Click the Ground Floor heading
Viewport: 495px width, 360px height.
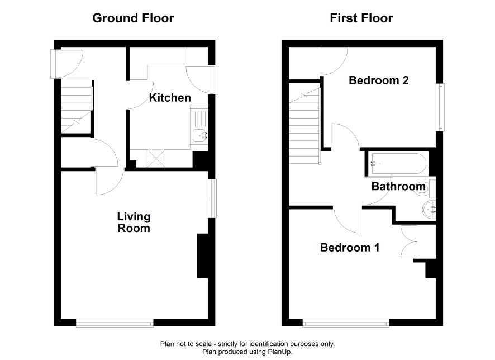[x=133, y=18]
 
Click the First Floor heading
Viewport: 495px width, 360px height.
[x=361, y=18]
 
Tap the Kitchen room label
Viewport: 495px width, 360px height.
[x=170, y=98]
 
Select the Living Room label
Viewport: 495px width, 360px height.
[x=134, y=222]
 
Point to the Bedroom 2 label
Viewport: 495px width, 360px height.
[x=378, y=80]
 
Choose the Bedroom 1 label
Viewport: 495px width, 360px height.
[x=350, y=247]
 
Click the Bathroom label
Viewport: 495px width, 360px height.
[x=398, y=186]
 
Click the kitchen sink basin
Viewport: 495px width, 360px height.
[x=200, y=135]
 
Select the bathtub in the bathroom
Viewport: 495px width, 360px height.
[x=398, y=164]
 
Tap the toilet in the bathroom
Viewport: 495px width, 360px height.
[x=426, y=188]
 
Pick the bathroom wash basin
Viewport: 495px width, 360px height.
[x=429, y=209]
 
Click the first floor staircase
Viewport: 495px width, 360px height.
[x=304, y=126]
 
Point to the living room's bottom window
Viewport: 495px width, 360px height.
[x=115, y=323]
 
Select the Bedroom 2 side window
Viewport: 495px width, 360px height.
[x=440, y=107]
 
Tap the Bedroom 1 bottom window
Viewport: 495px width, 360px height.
[x=346, y=323]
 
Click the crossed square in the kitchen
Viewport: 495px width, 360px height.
[x=156, y=159]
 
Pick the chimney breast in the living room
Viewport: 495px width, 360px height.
[x=202, y=256]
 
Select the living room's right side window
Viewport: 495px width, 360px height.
[x=213, y=198]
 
